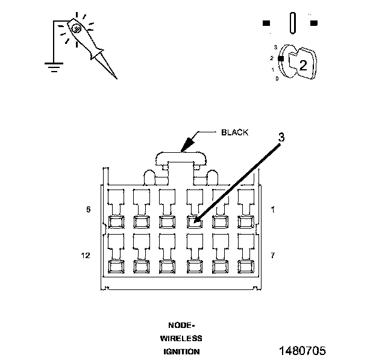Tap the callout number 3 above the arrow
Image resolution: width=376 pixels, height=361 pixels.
point(281,137)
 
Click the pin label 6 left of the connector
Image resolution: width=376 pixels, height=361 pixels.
point(88,209)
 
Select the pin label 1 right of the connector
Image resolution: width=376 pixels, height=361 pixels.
point(273,209)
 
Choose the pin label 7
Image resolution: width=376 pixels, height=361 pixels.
point(273,256)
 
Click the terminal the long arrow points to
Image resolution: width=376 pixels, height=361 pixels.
point(193,221)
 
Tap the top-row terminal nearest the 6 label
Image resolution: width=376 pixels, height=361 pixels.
point(114,221)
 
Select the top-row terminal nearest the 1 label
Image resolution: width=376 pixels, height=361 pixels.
point(245,221)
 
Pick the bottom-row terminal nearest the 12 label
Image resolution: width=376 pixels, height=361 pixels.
point(114,265)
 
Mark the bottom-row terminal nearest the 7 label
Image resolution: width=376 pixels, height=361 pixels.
point(245,265)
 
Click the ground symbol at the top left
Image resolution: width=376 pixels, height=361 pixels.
point(54,66)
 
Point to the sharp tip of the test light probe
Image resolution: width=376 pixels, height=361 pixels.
point(116,78)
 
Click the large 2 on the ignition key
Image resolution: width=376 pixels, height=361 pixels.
point(304,66)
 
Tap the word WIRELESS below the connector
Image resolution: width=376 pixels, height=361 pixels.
point(181,338)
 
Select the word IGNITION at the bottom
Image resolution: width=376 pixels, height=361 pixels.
point(181,351)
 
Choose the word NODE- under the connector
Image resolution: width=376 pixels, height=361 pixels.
point(181,325)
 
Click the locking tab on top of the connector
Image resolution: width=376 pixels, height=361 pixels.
point(181,158)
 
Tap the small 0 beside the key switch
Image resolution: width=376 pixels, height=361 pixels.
point(277,79)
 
